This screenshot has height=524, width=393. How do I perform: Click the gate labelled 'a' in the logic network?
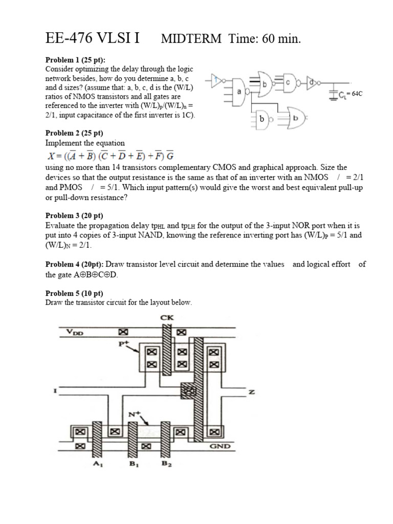tap(238, 91)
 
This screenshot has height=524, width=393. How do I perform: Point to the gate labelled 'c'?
tap(288, 81)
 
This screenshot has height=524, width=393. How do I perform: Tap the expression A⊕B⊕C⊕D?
tap(95, 275)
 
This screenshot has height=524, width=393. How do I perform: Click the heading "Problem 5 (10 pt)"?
tap(74, 293)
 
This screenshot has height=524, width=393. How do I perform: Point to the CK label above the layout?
tap(167, 317)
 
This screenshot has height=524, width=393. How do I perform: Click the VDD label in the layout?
tap(76, 332)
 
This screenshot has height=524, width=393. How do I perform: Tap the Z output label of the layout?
tap(251, 392)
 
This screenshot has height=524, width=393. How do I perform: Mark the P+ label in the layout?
tap(123, 344)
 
